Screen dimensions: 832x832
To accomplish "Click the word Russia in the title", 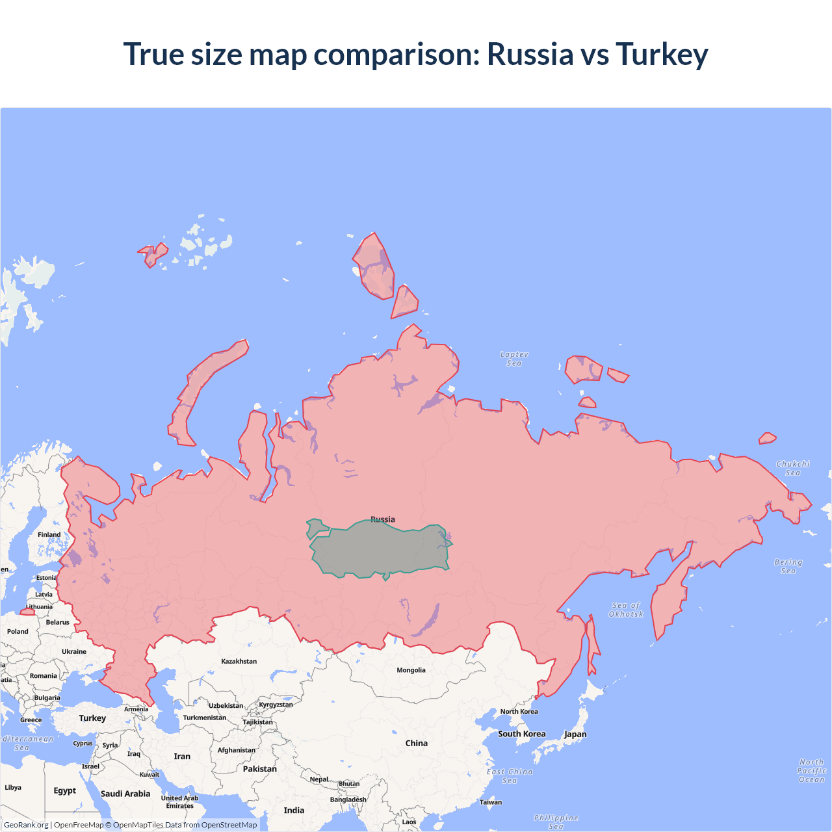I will [530, 54].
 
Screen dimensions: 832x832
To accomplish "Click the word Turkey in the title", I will [662, 54].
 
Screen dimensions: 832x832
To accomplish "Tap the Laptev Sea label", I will [514, 359].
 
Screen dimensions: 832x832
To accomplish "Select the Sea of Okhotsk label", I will [626, 610].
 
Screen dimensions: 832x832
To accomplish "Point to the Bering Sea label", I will [788, 566].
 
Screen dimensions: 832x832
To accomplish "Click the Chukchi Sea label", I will [793, 468].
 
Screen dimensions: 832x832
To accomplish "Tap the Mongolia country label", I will [411, 670].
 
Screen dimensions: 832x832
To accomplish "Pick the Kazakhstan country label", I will [239, 661].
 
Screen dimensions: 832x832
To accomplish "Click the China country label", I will [416, 743].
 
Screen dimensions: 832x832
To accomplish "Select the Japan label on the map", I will [575, 734].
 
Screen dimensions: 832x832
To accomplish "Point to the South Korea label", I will [521, 734].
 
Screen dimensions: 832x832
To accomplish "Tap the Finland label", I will [49, 535].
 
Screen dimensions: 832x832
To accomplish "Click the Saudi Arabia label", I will [125, 794].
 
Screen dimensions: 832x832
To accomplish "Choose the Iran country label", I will [182, 757].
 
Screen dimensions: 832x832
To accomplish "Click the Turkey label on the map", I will [92, 718].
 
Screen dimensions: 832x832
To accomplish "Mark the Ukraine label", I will [74, 651].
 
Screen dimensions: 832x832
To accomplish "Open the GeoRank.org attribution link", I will [26, 825].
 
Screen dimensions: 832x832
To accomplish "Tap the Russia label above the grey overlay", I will [382, 519].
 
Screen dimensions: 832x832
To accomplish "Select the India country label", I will [294, 811].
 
